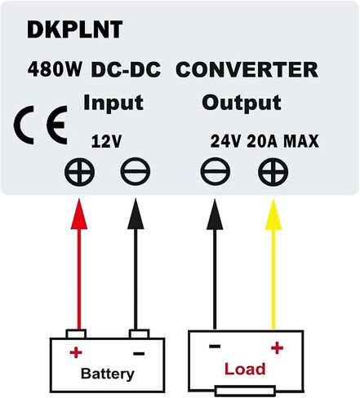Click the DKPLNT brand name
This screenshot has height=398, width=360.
pos(75,29)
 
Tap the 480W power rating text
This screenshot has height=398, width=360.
pos(55,69)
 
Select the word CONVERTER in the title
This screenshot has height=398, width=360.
pos(247,69)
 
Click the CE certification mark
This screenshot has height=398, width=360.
pos(41,125)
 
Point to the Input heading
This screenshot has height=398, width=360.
pos(113,103)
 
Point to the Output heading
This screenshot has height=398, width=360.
pos(242,103)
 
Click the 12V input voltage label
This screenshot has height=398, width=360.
pos(106,141)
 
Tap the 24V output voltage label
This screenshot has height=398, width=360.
pos(226,141)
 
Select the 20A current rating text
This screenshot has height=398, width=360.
pos(262,141)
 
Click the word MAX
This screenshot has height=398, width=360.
pos(301,141)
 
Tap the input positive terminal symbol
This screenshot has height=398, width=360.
pos(79,172)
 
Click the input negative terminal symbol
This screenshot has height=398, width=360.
pos(136,172)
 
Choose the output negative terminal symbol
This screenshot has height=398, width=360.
pos(216,172)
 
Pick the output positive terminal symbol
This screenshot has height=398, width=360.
pos(273,172)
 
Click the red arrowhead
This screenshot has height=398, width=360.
pos(79,214)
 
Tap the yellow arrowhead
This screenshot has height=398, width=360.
pos(273,214)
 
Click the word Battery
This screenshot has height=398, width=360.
pos(108,374)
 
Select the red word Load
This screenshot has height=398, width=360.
pos(245,369)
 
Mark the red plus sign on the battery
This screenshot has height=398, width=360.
pos(76,353)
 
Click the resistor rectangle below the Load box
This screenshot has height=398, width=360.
pos(245,391)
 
